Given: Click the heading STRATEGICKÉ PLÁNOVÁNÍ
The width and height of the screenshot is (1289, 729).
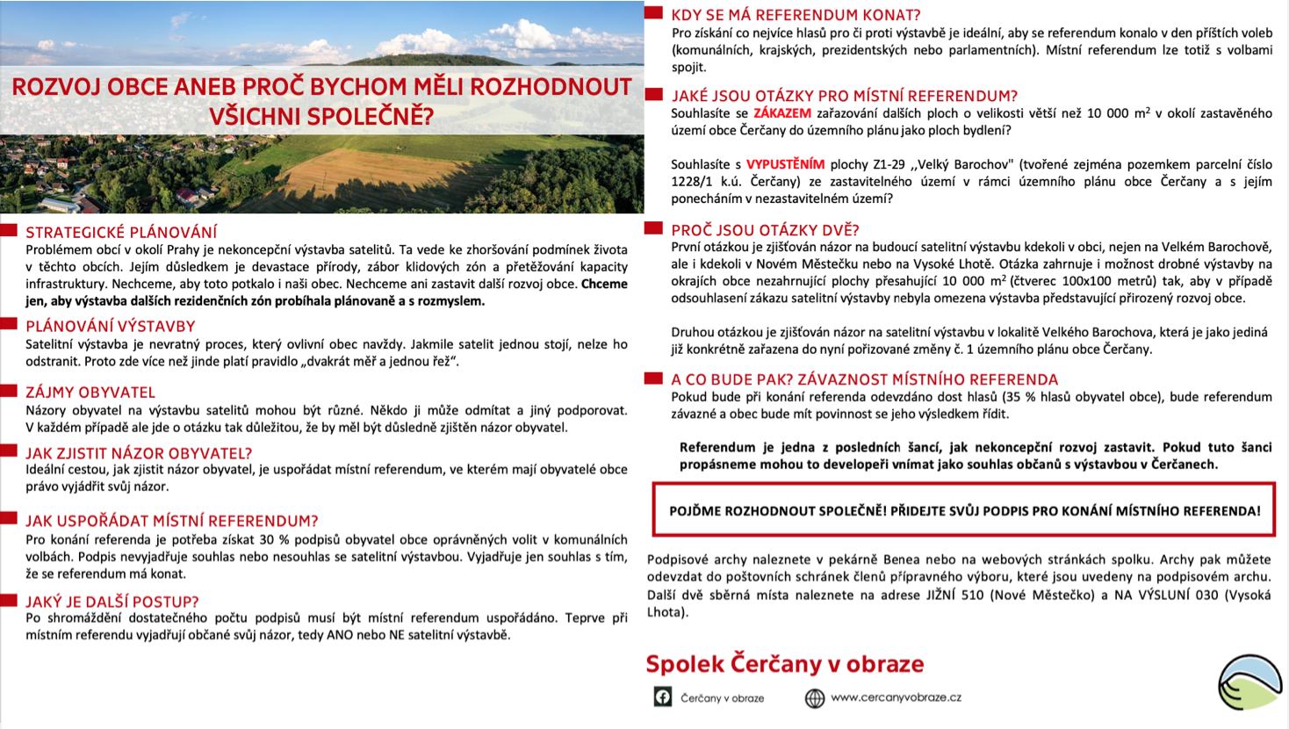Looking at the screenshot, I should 121,233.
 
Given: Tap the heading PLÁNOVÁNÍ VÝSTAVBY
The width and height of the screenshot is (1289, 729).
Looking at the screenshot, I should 111,327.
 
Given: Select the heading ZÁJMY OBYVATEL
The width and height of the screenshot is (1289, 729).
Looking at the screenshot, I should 90,393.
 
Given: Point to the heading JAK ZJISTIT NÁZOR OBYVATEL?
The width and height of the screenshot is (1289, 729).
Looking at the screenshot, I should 139,453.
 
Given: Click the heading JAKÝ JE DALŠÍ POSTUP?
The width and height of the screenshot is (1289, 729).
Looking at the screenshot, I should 112,602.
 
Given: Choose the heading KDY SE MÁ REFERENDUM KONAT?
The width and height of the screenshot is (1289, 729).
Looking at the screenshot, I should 796,15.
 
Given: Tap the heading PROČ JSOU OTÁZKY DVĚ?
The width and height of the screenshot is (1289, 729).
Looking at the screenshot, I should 765,230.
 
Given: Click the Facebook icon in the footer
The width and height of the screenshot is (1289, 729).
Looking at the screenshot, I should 663,697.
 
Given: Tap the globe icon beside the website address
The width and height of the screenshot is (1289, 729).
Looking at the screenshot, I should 814,697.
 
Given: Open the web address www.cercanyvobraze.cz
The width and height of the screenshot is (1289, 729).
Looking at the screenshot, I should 896,697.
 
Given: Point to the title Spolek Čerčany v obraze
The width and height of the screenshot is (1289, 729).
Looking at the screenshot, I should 785,664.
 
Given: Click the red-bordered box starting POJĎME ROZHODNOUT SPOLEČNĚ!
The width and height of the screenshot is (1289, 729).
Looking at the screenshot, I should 964,510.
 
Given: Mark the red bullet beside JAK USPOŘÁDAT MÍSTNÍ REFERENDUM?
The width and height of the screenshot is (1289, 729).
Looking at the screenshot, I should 9,520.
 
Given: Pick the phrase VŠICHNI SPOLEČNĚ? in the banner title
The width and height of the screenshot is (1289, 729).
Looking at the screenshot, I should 321,115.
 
